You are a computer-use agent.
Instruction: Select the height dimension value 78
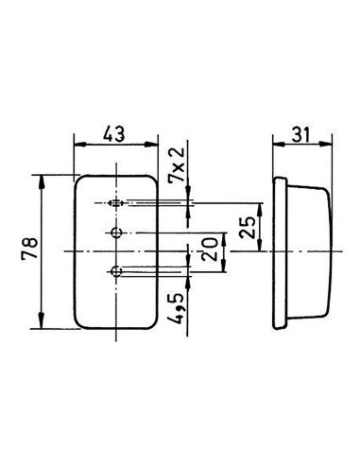pyautogui.click(x=27, y=250)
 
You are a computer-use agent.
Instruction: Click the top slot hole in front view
pyautogui.click(x=115, y=203)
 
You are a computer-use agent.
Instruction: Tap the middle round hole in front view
pyautogui.click(x=115, y=232)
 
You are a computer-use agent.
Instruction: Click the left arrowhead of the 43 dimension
pyautogui.click(x=78, y=145)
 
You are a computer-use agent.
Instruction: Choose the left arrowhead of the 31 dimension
pyautogui.click(x=275, y=145)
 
